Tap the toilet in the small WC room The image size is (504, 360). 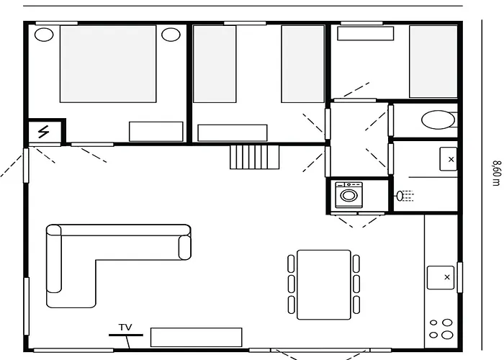[x=438, y=120]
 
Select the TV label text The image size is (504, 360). [x=125, y=328]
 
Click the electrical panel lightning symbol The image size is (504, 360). [x=44, y=132]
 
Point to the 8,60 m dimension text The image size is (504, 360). [x=495, y=173]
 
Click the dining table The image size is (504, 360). [x=324, y=284]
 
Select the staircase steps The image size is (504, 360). [x=254, y=156]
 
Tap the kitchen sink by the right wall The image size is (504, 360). [x=440, y=277]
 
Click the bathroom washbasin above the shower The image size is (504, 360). [x=449, y=158]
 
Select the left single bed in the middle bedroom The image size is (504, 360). [x=215, y=63]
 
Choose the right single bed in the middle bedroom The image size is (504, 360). [x=302, y=63]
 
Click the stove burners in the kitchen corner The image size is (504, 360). [x=440, y=328]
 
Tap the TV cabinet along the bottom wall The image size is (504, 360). [x=196, y=337]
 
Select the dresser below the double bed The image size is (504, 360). [x=156, y=131]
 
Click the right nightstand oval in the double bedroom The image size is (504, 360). [x=171, y=34]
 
